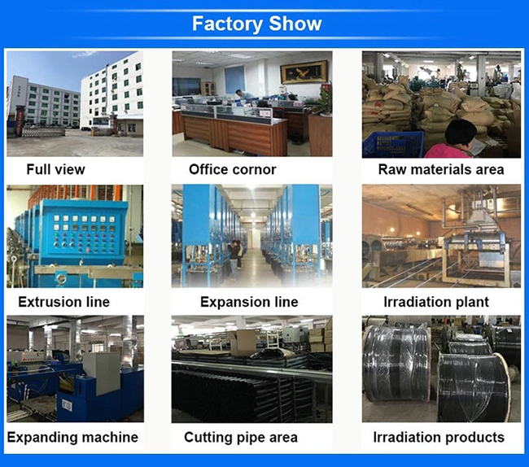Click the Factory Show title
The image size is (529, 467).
(256, 24)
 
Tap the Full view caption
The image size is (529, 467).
(55, 169)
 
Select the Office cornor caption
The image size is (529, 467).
(232, 169)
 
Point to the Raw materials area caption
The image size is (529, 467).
(440, 169)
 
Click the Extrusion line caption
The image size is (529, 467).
(63, 302)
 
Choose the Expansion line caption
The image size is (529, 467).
(249, 302)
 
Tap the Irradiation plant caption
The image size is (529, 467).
(435, 302)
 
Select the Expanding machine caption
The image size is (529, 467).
(72, 437)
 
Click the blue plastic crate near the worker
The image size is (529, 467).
(391, 144)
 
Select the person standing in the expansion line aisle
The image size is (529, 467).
(234, 259)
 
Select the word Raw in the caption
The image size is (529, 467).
(392, 169)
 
